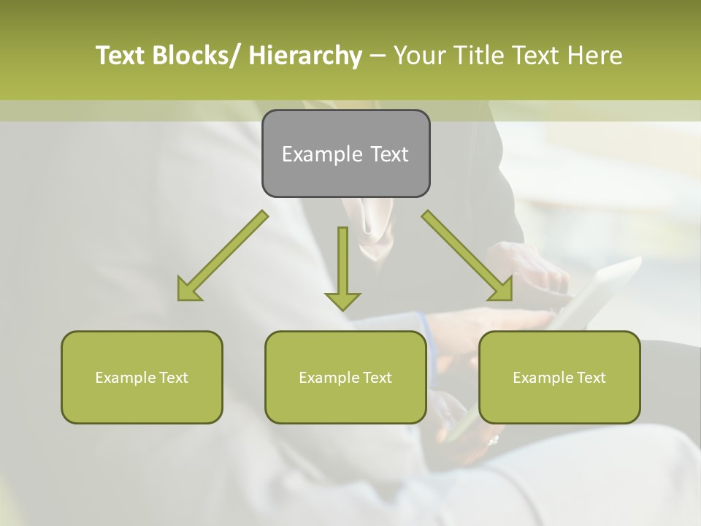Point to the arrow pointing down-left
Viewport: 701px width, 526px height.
click(223, 256)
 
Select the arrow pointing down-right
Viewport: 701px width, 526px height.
click(467, 256)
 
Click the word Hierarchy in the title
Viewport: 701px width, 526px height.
click(305, 56)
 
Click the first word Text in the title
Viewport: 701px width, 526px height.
click(119, 56)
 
